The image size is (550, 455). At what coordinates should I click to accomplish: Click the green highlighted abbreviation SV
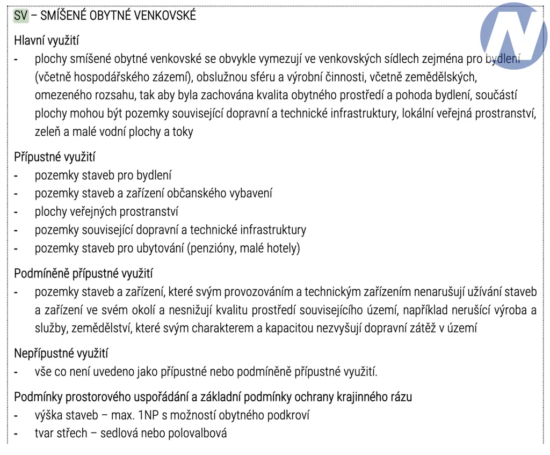tap(21, 16)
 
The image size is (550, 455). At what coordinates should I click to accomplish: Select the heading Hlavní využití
tap(47, 40)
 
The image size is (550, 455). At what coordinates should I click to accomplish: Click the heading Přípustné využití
tap(54, 157)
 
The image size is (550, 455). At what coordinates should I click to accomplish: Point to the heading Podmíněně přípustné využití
tap(83, 273)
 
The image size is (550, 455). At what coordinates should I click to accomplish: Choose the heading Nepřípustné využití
tap(61, 353)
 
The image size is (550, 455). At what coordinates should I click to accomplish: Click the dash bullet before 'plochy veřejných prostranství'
tap(17, 212)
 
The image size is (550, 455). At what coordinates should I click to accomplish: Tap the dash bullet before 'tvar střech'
tap(17, 433)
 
